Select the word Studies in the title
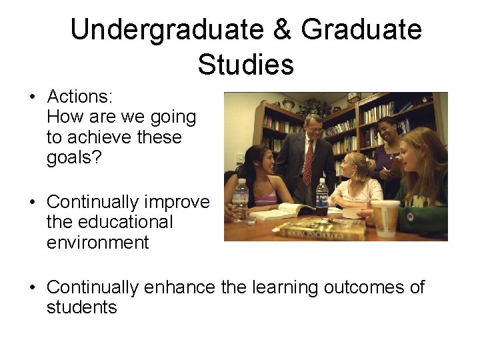[x=245, y=65]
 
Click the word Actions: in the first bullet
[x=79, y=97]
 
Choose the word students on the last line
[x=81, y=307]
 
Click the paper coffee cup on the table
[x=385, y=216]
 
